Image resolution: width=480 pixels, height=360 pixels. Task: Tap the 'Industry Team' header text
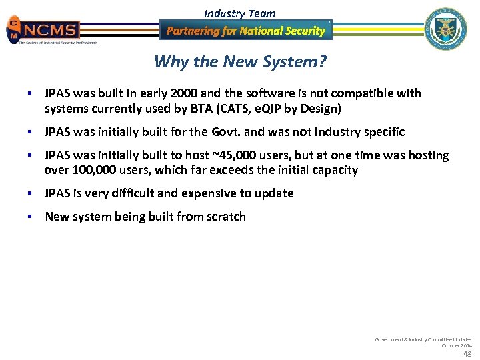[239, 13]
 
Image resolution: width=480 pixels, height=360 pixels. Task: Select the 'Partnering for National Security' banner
[245, 31]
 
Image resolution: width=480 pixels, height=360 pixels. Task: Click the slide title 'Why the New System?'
[239, 62]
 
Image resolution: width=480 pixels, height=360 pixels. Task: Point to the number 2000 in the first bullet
[182, 93]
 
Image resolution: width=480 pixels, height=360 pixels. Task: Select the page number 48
[467, 353]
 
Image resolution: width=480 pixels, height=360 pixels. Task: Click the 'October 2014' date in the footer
[457, 345]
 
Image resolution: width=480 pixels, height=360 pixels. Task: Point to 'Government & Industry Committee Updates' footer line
[423, 339]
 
